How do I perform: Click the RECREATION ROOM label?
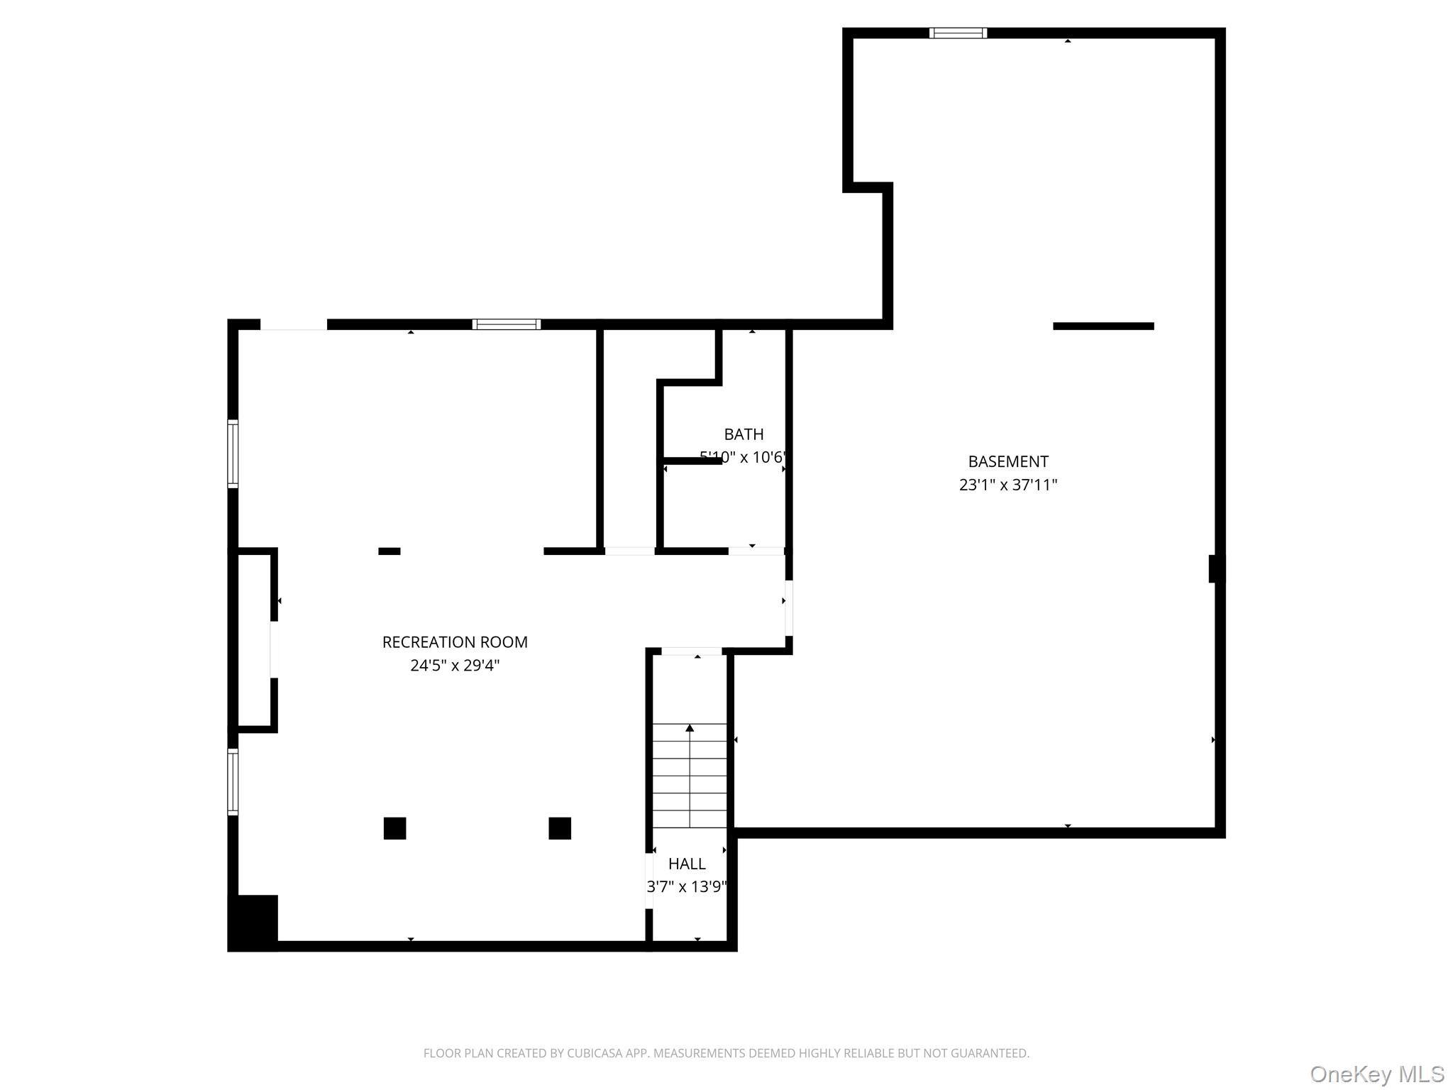[455, 642]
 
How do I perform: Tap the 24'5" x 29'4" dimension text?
[455, 666]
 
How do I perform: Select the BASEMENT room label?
[1008, 462]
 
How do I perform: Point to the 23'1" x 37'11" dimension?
[1008, 485]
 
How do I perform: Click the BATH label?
[744, 434]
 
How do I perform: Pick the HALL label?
[687, 864]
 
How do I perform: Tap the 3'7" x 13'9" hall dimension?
[687, 887]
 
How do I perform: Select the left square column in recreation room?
[394, 828]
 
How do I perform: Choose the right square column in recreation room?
[560, 828]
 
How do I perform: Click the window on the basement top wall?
[958, 33]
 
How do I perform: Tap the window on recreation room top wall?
[507, 324]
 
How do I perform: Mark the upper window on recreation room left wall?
[233, 453]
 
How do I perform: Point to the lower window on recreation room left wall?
[233, 782]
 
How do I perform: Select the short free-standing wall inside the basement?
[1103, 326]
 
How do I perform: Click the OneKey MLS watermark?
[1376, 1074]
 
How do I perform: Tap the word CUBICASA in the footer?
[594, 1054]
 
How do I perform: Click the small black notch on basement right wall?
[1215, 568]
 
